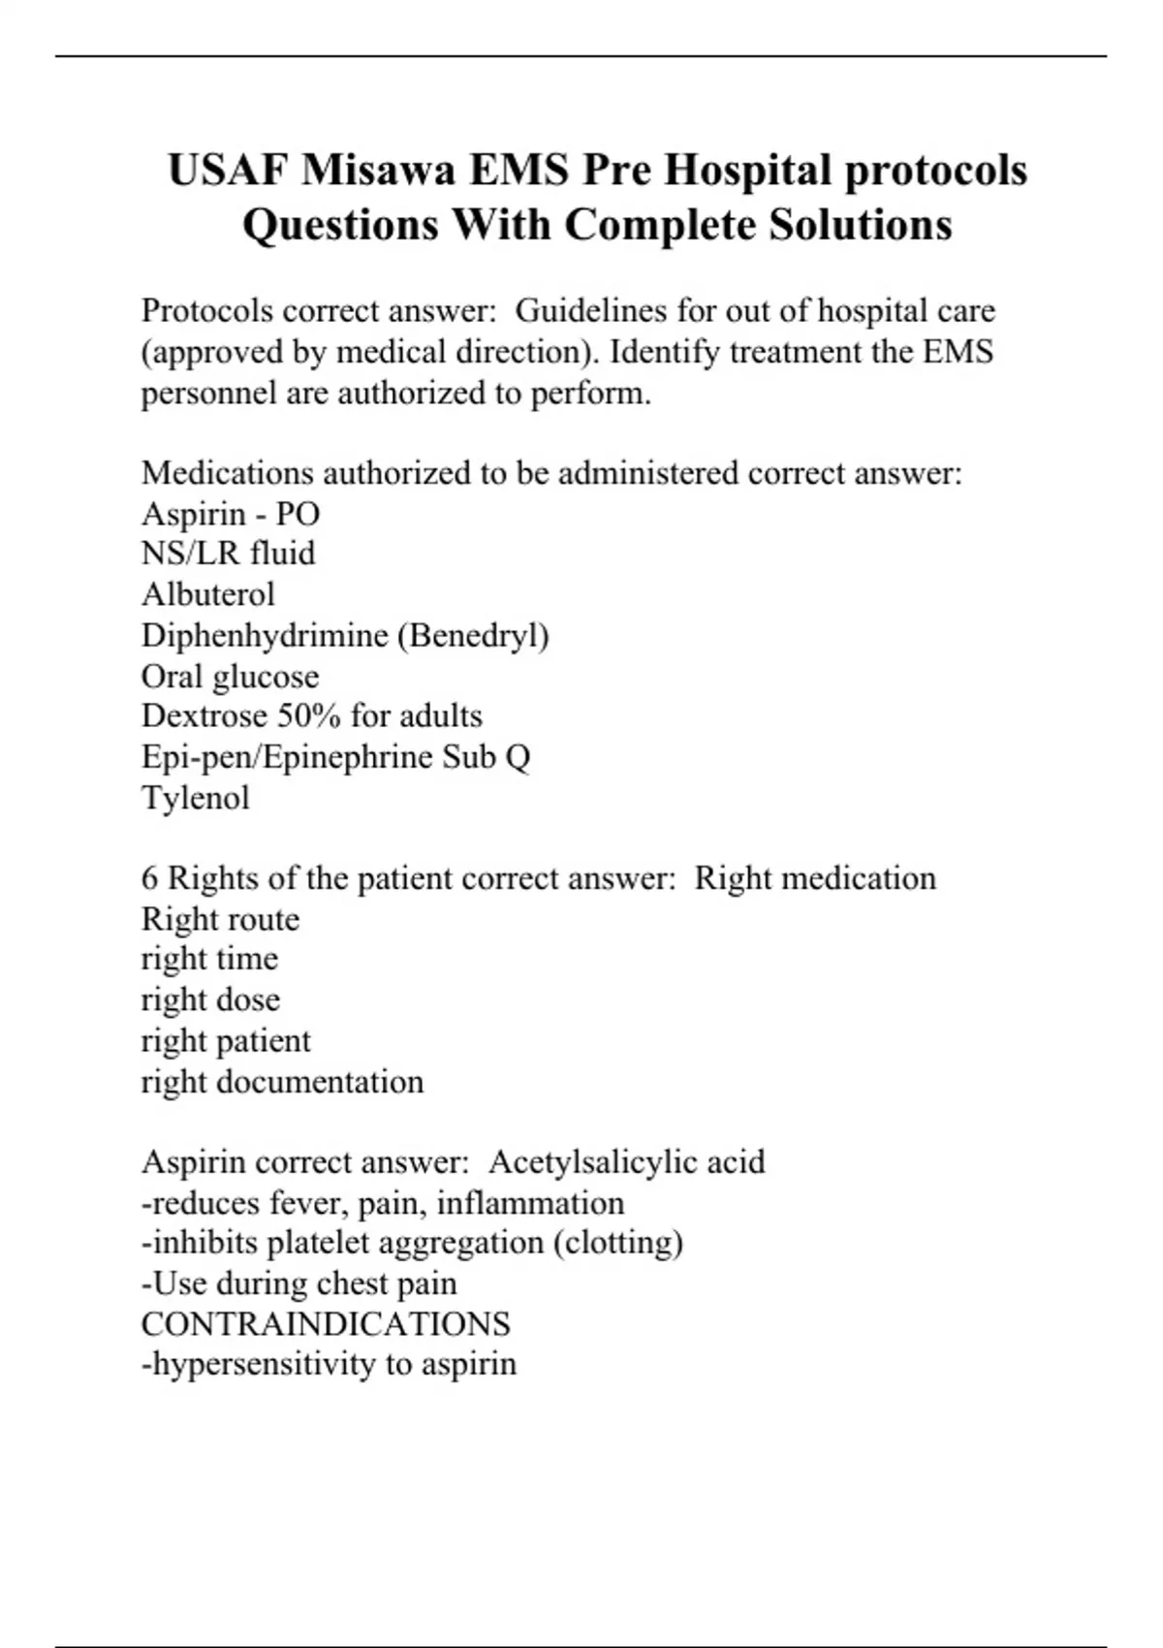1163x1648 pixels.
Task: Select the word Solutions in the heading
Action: click(861, 226)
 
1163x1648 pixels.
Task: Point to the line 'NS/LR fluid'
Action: click(228, 554)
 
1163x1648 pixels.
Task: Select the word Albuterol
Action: click(207, 594)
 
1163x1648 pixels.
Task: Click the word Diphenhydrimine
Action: click(265, 636)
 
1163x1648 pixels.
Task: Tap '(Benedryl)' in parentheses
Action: click(473, 636)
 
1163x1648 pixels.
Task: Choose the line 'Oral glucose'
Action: click(230, 677)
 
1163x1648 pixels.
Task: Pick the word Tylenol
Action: click(195, 799)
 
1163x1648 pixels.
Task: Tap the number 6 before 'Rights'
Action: click(149, 878)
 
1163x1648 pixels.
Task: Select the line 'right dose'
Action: click(210, 1000)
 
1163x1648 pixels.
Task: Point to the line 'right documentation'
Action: click(282, 1082)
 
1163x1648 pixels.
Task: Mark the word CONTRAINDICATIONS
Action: click(326, 1324)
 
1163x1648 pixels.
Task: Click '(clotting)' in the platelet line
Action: click(618, 1243)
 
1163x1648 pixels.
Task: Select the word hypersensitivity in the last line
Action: click(259, 1365)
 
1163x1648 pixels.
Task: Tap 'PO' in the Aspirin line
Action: click(298, 514)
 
